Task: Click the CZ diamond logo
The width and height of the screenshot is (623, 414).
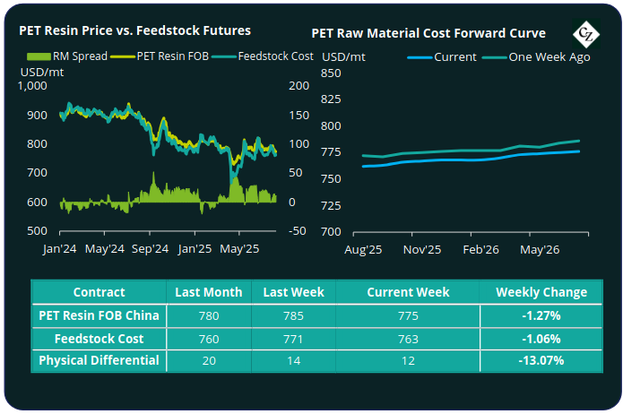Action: [587, 34]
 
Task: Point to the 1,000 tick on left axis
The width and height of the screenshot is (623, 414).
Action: [30, 86]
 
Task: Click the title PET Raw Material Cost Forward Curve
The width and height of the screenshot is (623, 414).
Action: [428, 33]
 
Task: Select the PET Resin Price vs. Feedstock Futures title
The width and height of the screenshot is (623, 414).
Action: [135, 30]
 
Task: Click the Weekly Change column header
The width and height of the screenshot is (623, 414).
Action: [541, 292]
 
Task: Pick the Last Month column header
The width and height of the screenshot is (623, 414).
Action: [209, 292]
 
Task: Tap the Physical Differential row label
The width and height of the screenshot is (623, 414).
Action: [99, 360]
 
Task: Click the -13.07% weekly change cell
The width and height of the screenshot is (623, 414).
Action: [541, 360]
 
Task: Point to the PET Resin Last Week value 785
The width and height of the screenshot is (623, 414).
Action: [293, 315]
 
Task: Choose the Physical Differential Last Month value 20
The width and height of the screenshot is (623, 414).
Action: [209, 360]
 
